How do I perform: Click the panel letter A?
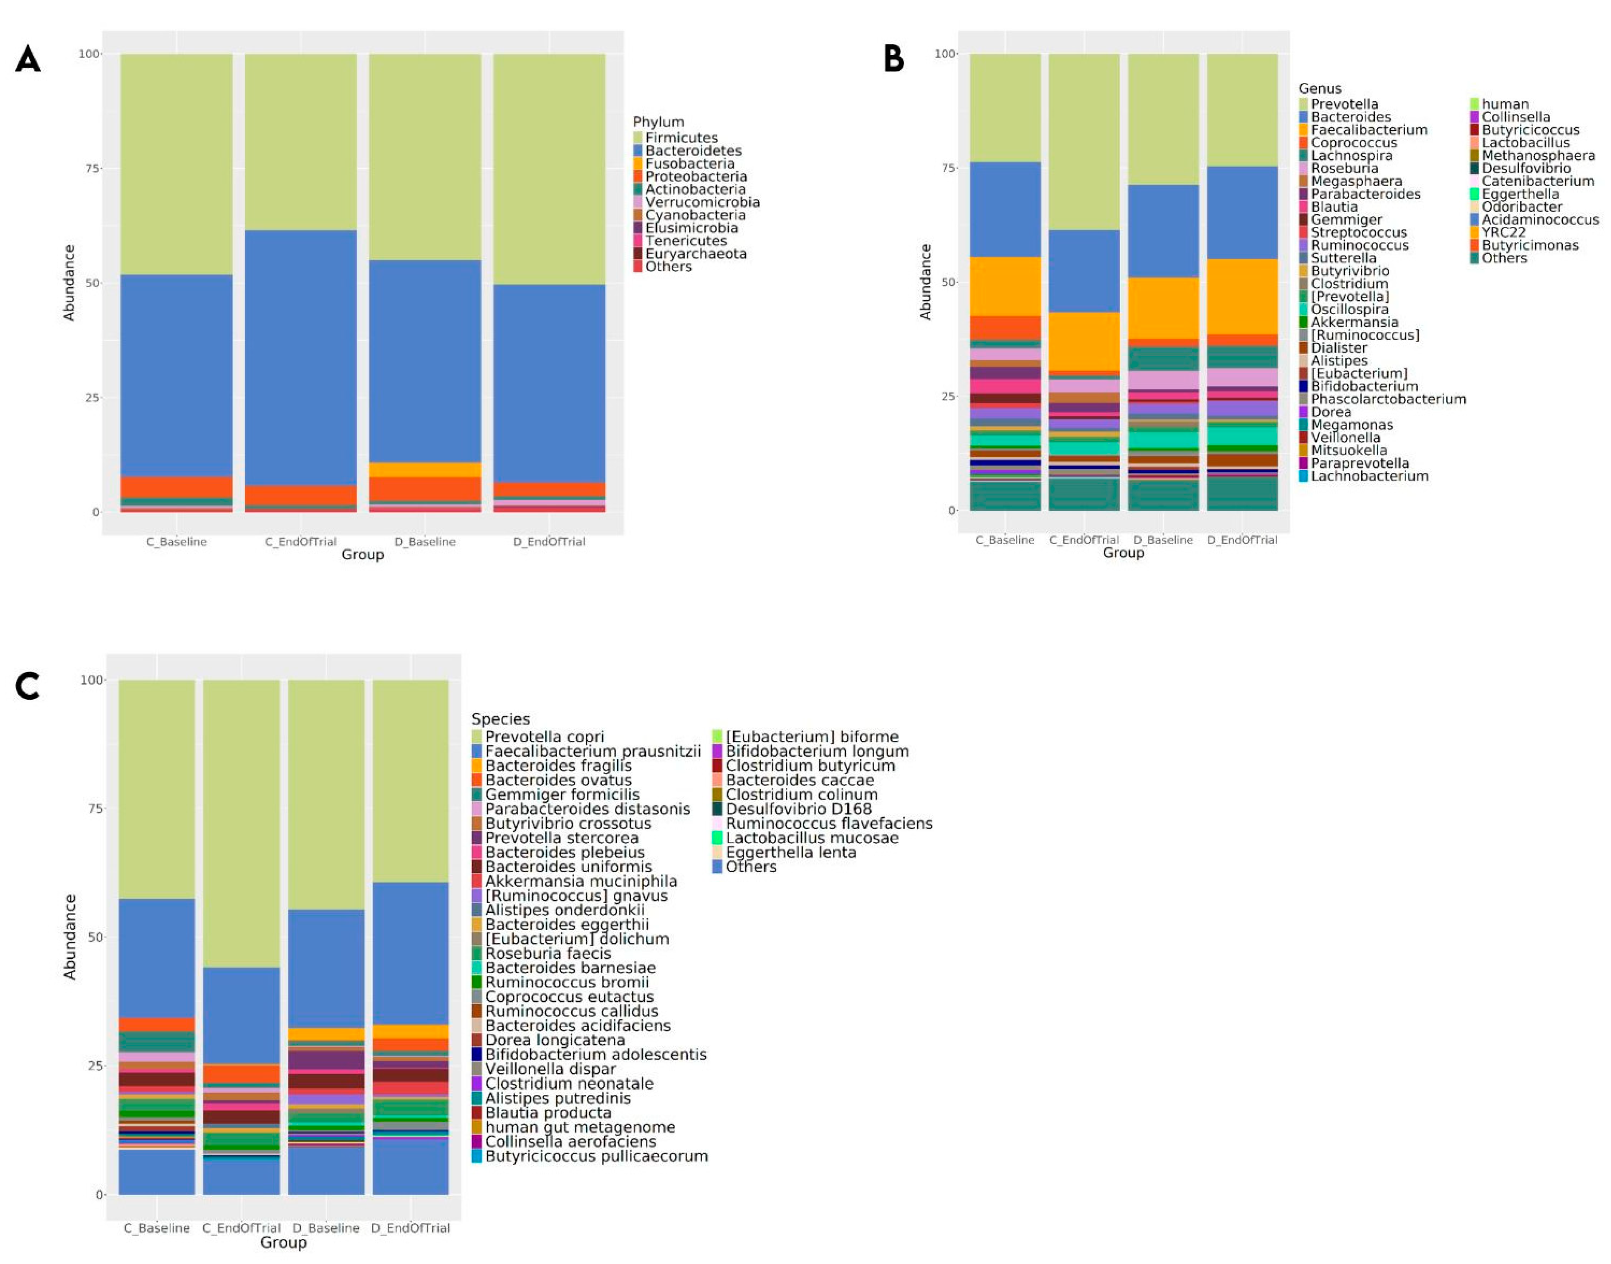click(x=28, y=59)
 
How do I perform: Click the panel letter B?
click(x=894, y=59)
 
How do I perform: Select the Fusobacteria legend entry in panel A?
click(x=689, y=164)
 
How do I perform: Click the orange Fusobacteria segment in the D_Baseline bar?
click(x=425, y=470)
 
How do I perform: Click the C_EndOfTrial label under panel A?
click(x=301, y=542)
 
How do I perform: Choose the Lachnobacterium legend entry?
click(x=1369, y=477)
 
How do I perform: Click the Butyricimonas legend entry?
click(x=1530, y=246)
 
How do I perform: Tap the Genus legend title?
click(x=1320, y=89)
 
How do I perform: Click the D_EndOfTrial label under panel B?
click(x=1242, y=540)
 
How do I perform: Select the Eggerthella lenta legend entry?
click(x=790, y=852)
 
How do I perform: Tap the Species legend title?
click(x=500, y=719)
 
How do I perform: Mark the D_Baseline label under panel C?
click(x=326, y=1228)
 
